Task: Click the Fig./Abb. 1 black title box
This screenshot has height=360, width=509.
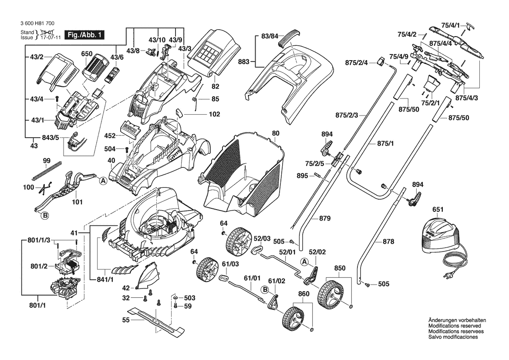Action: pos(84,35)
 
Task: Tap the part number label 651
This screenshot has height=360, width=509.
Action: pos(438,210)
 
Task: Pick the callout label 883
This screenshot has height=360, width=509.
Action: pos(243,62)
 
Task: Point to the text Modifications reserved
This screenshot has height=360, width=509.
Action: pos(455,326)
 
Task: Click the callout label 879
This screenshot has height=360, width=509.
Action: pos(325,218)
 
